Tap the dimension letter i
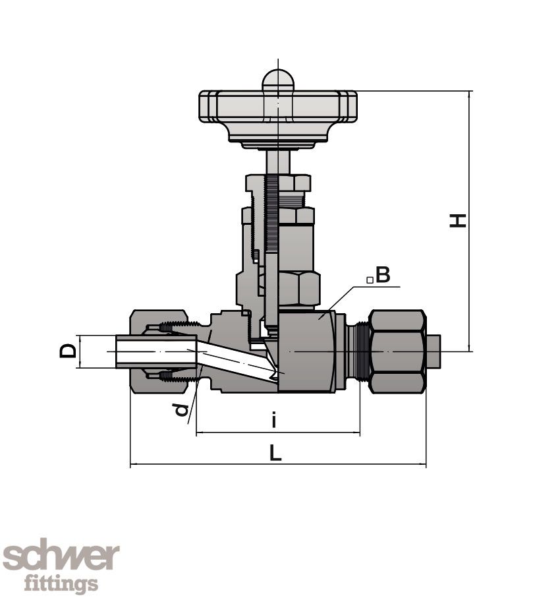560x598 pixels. pyautogui.click(x=274, y=420)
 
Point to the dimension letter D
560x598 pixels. pyautogui.click(x=68, y=350)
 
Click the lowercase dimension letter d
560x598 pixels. pyautogui.click(x=182, y=411)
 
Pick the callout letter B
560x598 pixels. pyautogui.click(x=383, y=275)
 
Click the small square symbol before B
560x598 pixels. pyautogui.click(x=370, y=280)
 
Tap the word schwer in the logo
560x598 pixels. pyautogui.click(x=61, y=558)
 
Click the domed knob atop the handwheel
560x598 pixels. pyautogui.click(x=278, y=80)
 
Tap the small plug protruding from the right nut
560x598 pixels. pyautogui.click(x=433, y=351)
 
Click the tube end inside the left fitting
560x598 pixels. pyautogui.click(x=155, y=351)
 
